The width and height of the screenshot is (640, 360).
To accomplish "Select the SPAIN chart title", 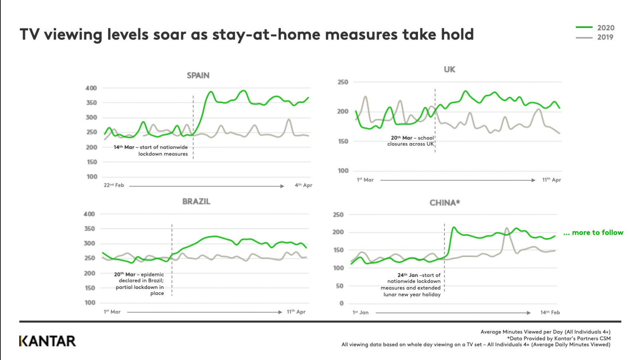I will tap(198, 76).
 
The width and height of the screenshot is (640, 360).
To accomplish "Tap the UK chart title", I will tap(449, 70).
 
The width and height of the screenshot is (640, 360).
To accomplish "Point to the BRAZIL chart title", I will tap(196, 202).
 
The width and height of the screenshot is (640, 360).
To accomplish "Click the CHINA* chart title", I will tap(444, 203).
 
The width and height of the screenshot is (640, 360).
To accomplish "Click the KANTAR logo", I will tap(48, 341).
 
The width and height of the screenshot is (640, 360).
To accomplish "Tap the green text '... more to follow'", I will tap(593, 233).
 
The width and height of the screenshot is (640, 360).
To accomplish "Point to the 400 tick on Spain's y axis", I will tap(91, 88).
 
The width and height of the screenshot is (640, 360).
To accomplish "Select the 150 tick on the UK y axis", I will tap(343, 141).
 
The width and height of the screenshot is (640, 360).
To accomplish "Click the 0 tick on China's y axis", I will tap(341, 304).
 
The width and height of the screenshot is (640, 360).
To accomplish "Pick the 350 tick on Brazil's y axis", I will tap(89, 229).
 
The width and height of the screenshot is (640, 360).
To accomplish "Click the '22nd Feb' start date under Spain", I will tap(114, 185).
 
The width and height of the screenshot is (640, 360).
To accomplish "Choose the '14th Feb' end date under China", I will tap(550, 312).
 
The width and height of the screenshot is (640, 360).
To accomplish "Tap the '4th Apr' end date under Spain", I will tap(303, 185).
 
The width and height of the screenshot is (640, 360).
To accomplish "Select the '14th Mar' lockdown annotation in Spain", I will tap(151, 150).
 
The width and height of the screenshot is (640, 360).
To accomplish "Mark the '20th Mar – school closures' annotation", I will tap(411, 141).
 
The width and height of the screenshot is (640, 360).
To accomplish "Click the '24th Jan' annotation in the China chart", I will tap(411, 284).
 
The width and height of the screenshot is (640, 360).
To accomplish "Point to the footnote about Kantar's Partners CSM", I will tap(559, 338).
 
